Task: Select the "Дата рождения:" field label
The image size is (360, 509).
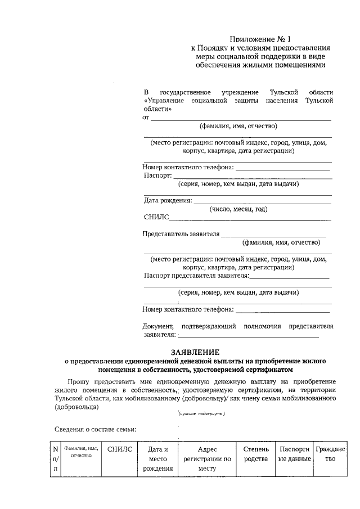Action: [168, 200]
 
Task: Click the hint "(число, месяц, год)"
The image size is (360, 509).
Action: [238, 209]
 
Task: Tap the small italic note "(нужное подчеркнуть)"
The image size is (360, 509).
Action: [201, 413]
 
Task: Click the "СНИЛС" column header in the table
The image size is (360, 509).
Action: [119, 449]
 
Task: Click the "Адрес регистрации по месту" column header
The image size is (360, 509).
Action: [208, 458]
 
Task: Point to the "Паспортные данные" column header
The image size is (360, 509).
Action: [295, 454]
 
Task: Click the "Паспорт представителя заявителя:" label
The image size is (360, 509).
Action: [196, 276]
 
